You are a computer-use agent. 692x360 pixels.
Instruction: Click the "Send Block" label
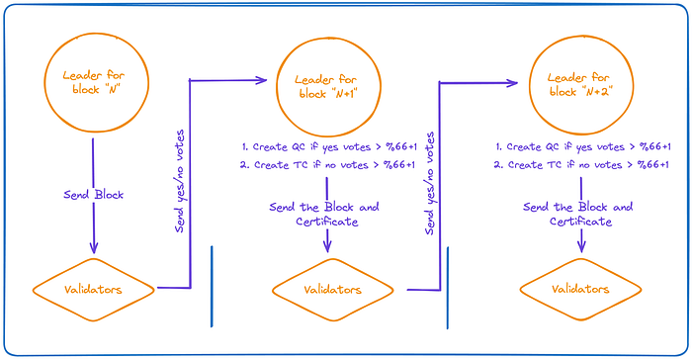click(x=94, y=195)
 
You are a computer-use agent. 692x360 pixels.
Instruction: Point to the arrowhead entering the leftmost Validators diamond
click(x=94, y=249)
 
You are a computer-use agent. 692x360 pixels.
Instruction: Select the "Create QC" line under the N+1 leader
click(x=329, y=146)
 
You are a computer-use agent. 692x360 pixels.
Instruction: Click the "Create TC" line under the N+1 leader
click(x=328, y=165)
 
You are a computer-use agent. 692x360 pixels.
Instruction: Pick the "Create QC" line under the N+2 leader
click(x=582, y=146)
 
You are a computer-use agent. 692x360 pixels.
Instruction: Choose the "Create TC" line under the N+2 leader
click(x=581, y=165)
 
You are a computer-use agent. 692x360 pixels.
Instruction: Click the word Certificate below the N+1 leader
click(x=327, y=222)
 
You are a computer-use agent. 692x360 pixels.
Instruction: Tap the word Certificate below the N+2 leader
click(x=581, y=222)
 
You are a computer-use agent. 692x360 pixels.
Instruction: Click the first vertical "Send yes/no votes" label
click(x=180, y=181)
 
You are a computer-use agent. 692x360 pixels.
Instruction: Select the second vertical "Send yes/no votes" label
click(x=429, y=183)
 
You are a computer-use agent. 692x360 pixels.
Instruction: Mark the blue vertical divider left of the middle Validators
click(x=212, y=287)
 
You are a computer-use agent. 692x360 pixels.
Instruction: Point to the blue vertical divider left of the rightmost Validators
click(x=448, y=288)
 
